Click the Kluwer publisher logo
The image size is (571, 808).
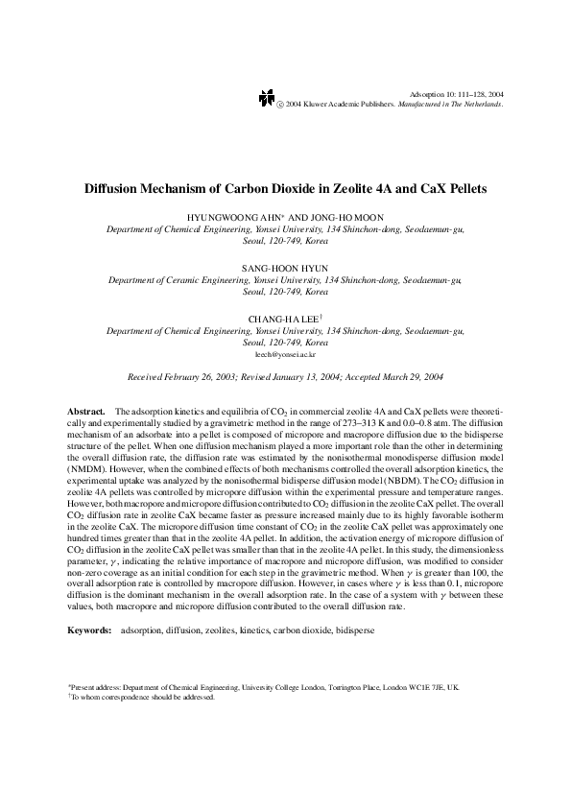(266, 99)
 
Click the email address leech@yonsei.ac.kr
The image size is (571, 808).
(285, 354)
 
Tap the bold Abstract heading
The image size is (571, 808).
(86, 411)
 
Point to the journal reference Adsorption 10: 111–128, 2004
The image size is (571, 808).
(456, 93)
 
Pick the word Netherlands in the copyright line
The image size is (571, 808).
(482, 104)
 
